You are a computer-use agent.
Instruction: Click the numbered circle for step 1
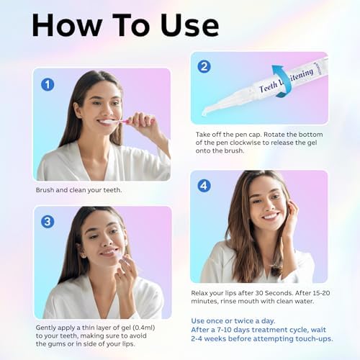click(48, 84)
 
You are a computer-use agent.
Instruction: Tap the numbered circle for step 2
click(204, 66)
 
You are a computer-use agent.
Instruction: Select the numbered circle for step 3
click(48, 222)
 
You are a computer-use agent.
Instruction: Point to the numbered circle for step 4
click(204, 186)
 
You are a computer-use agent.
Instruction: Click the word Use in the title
click(190, 25)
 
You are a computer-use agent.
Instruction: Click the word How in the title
click(66, 25)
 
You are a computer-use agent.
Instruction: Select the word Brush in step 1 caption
click(45, 190)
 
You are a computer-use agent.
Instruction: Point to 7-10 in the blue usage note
click(220, 330)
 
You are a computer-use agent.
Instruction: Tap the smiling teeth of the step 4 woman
click(271, 216)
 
